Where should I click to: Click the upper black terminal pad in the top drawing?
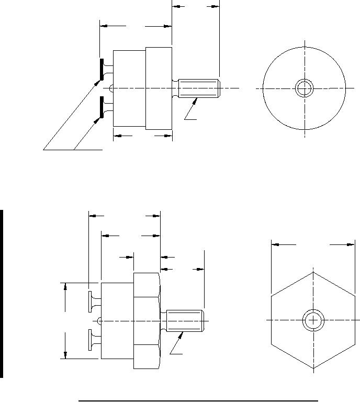[101, 70]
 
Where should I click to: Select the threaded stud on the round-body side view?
[198, 88]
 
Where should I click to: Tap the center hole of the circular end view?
[304, 88]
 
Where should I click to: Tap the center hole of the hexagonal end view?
[313, 320]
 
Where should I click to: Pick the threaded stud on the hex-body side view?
[185, 320]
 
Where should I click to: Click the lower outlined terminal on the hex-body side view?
[91, 340]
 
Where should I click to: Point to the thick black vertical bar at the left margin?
[2, 294]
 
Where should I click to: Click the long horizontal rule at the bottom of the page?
[198, 400]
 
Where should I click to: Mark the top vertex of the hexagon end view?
[313, 272]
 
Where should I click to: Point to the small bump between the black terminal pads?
[110, 88]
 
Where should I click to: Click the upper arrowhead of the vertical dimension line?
[65, 286]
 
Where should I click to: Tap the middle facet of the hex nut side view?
[146, 320]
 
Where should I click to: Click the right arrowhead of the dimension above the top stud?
[215, 7]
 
